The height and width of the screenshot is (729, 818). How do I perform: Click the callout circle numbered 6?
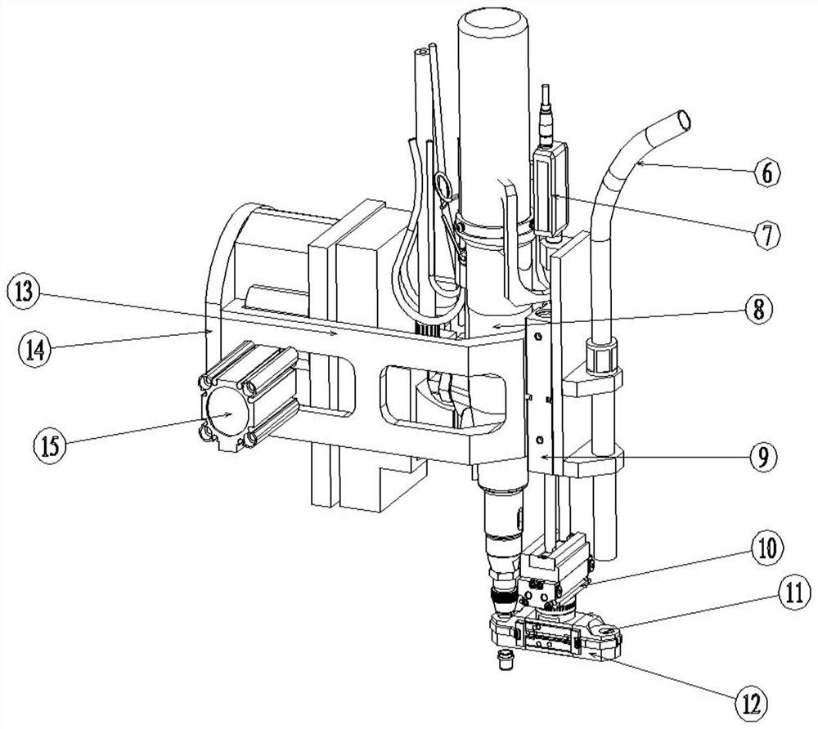(767, 172)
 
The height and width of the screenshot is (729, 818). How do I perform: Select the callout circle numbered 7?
(767, 235)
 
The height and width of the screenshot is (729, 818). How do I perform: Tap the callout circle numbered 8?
(757, 310)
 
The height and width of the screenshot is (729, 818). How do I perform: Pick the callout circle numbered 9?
(762, 457)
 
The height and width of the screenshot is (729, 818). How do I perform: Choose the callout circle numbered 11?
(795, 594)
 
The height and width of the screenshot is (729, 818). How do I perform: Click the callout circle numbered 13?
(25, 293)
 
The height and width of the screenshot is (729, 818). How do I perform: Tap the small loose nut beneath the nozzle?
(504, 660)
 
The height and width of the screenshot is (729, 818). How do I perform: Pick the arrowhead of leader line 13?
(335, 333)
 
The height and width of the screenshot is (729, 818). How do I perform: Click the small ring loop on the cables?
(445, 186)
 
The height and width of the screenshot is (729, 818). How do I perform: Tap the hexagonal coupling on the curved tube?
(602, 356)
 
